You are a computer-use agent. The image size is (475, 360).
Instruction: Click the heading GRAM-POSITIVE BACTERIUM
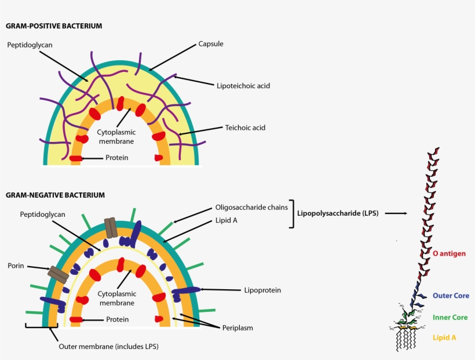coord(54,26)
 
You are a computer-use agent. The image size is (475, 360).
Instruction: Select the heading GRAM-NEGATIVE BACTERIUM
coord(55,195)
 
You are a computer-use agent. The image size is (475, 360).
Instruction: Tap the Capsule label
coord(211,44)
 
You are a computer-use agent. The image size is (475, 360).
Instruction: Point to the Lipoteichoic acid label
coord(243,86)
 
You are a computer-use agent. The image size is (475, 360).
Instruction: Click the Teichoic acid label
coord(245,128)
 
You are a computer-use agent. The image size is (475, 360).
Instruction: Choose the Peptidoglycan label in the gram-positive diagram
coord(30,45)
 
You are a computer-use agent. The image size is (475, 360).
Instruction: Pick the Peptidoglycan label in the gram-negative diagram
coord(42,214)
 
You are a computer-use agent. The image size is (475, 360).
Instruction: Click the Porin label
coord(16,266)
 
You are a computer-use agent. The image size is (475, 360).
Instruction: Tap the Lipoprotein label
coord(262,290)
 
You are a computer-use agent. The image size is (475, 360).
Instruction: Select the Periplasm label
coord(237,328)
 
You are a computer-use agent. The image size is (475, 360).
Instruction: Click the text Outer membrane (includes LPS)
coord(108,346)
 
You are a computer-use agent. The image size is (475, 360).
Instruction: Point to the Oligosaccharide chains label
coord(251,208)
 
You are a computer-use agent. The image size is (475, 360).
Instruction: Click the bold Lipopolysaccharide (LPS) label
coord(338,213)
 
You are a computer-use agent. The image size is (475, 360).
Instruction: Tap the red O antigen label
coord(449,253)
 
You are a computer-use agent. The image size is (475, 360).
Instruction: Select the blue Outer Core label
coord(451,296)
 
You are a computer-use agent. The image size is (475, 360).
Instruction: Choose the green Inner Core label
coord(450,318)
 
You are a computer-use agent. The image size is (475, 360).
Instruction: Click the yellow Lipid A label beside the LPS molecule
coord(444,337)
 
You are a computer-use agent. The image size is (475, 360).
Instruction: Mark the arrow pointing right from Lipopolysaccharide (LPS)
coord(396,213)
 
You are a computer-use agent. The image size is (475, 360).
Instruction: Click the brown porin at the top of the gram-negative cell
coord(111,227)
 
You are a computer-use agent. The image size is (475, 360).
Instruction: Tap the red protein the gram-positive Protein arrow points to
coord(76,158)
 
